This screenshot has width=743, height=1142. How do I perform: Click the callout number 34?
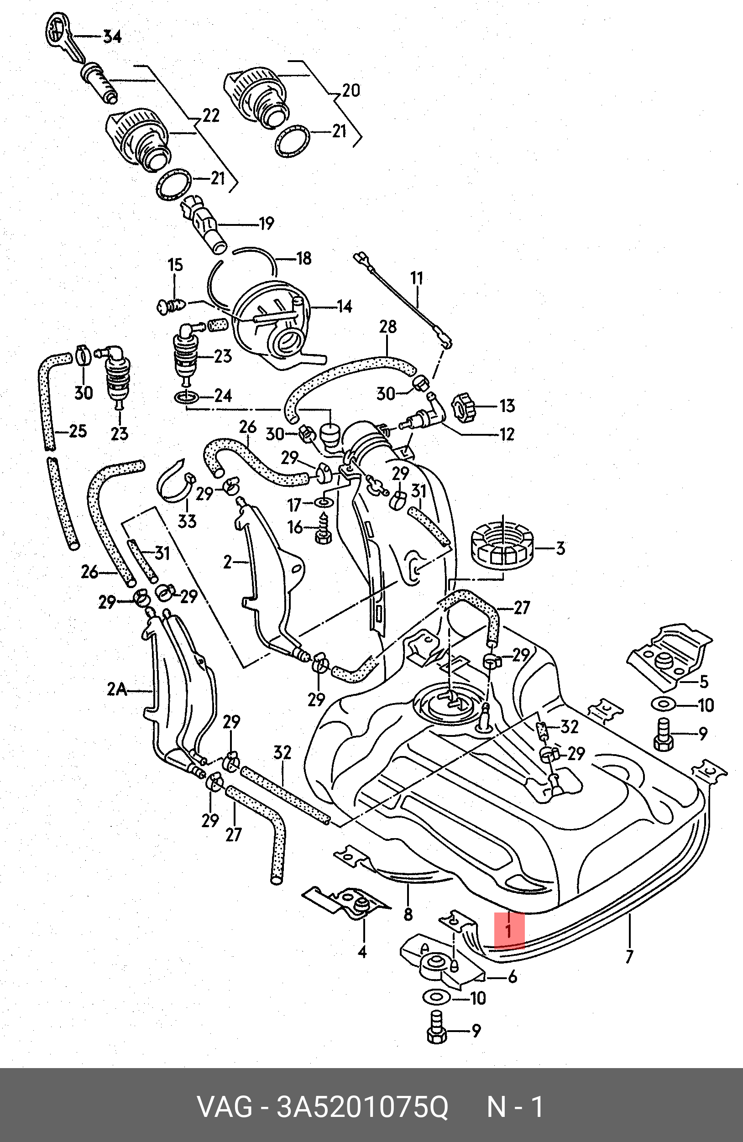(x=112, y=37)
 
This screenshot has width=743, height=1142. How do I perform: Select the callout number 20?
(x=351, y=91)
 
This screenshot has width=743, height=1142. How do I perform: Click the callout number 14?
(x=344, y=306)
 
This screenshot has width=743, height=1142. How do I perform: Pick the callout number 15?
(x=175, y=266)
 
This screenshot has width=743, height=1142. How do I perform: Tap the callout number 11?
(x=416, y=278)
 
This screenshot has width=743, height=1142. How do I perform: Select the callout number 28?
(x=388, y=327)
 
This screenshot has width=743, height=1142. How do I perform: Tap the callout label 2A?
(x=117, y=690)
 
